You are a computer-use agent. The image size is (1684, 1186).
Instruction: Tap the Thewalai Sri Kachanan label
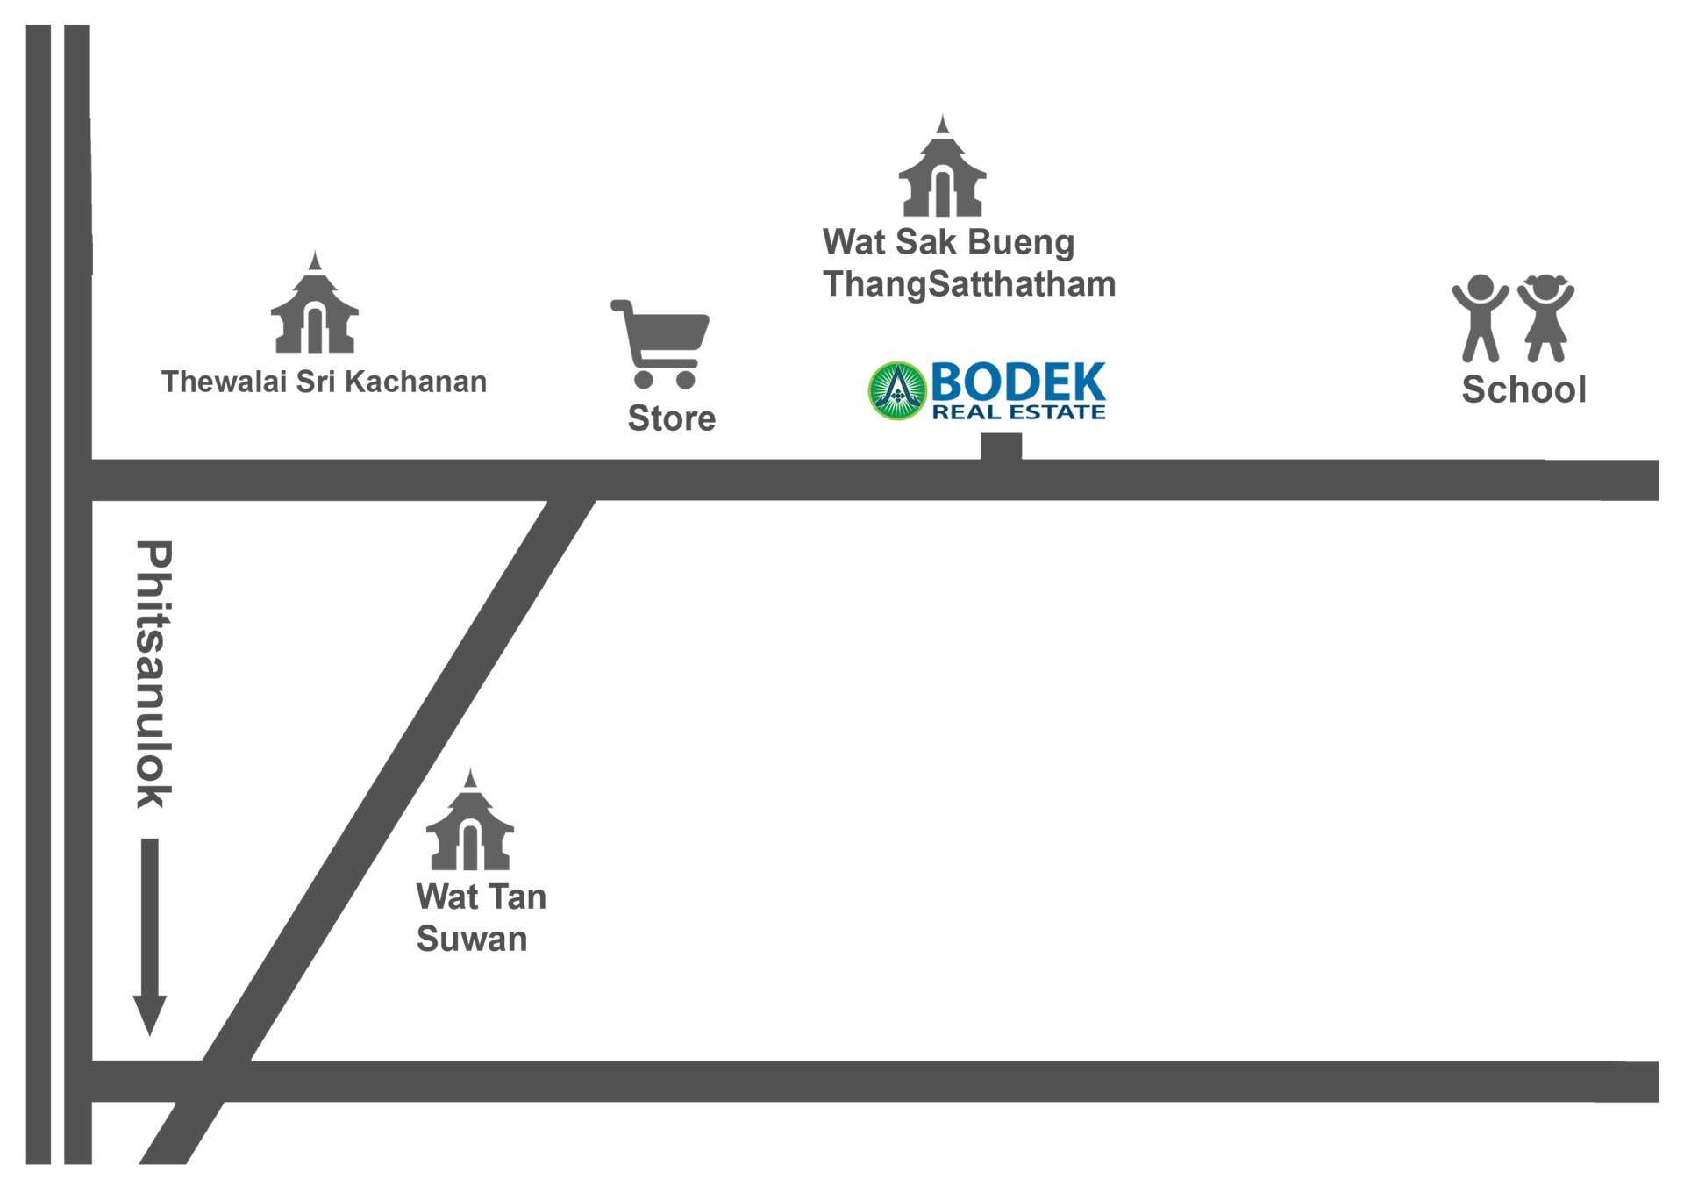coord(324,382)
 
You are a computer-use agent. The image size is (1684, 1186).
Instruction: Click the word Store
coord(672,418)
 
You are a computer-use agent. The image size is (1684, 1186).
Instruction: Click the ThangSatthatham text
coord(969,284)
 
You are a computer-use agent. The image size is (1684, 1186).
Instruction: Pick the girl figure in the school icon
coord(1547,318)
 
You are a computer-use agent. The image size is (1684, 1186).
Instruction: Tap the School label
coord(1524,389)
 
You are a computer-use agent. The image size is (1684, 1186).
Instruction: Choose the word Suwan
coord(472,939)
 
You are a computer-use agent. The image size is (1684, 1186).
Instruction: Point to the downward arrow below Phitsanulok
coord(149,935)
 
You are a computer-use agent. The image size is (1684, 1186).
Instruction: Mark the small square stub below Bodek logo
coord(1002,447)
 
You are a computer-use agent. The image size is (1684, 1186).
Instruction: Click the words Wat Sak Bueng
coord(948,242)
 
